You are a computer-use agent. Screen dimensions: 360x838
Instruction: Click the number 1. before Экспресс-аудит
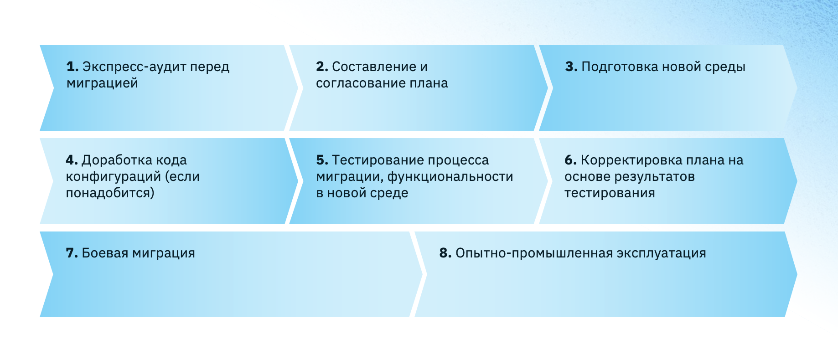tap(72, 67)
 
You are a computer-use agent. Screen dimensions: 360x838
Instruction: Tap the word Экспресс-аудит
tap(134, 67)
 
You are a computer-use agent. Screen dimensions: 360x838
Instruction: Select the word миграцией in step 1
tap(102, 83)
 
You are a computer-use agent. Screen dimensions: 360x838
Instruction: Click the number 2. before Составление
tap(322, 67)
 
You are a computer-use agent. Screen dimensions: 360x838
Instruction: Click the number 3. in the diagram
tap(571, 67)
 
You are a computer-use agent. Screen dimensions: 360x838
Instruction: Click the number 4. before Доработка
tap(72, 160)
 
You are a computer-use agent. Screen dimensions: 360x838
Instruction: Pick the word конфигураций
tap(113, 177)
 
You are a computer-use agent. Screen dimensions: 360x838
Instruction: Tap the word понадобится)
tap(110, 193)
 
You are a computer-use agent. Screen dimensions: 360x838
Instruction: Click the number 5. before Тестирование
tap(322, 160)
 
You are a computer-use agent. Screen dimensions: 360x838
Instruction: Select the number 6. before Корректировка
tap(570, 160)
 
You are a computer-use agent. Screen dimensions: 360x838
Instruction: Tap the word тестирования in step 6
tap(610, 193)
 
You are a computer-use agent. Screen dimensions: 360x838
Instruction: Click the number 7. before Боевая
tap(72, 253)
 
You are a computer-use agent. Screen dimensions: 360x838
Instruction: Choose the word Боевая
tap(105, 253)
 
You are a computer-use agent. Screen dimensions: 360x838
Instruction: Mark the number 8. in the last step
tap(445, 253)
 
